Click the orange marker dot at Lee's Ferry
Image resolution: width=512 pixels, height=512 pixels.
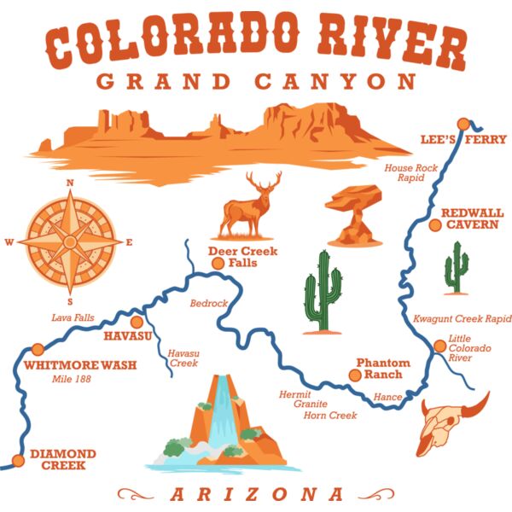pos(463,124)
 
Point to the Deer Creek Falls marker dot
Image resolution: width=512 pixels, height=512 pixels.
pos(218,264)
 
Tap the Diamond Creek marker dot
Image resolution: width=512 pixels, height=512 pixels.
pos(18,462)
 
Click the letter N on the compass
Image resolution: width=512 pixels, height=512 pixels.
pos(71,183)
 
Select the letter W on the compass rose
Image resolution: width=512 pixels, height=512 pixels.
pos(9,242)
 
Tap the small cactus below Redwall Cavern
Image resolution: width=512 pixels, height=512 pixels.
pos(457,268)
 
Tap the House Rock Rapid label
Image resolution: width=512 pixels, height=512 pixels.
pos(410,173)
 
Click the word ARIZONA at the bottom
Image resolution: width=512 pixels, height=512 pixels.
pos(256,494)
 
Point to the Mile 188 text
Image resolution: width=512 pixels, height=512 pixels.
pos(71,379)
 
